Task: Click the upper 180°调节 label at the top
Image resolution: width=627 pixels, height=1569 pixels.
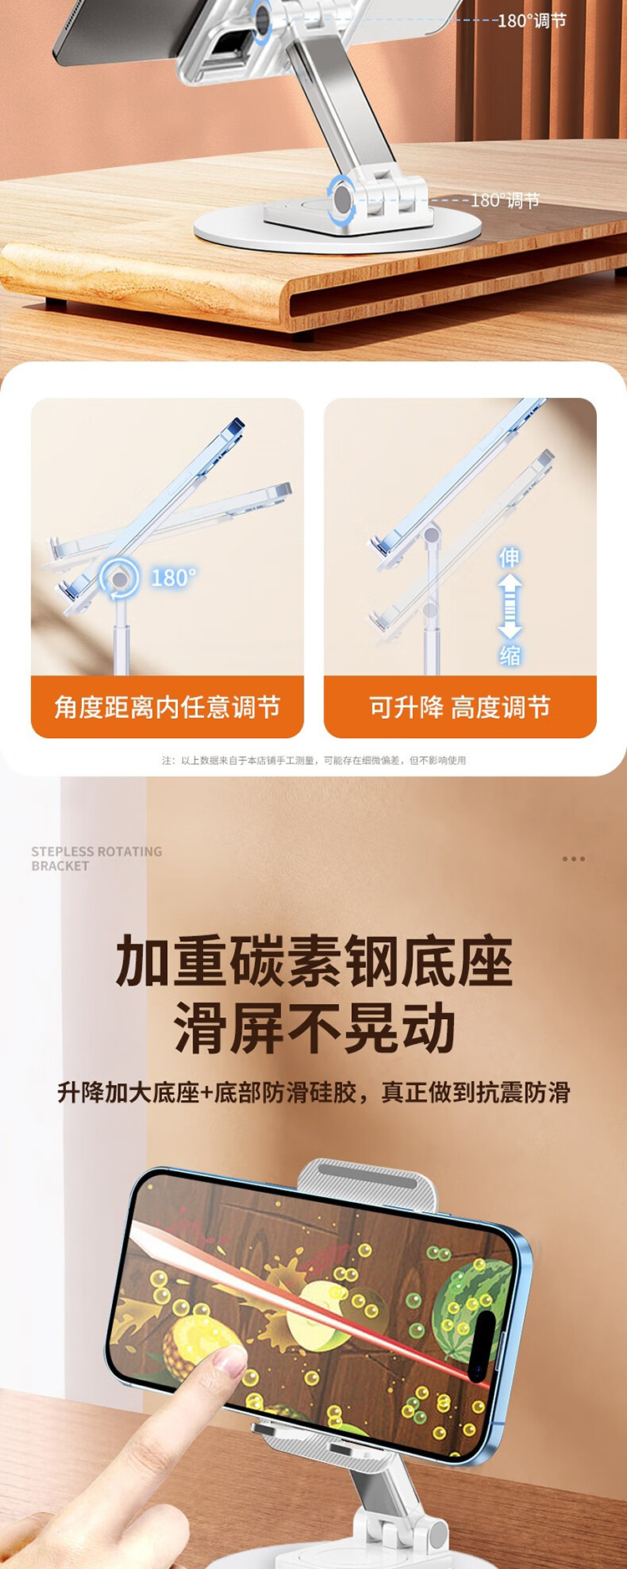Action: pos(532,20)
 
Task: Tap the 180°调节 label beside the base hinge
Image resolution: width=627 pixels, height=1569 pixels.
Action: pos(505,201)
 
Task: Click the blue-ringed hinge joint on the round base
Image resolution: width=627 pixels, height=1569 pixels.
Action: pos(342,200)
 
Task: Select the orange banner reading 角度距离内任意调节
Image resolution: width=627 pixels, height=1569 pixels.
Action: pos(167,707)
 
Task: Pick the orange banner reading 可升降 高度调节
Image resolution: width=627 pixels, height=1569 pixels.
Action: pos(460,707)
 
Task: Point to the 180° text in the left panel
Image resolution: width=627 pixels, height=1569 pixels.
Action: pos(173,578)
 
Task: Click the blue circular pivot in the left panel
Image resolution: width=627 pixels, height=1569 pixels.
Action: pos(120,578)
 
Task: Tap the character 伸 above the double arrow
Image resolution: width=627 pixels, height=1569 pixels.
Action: pos(509,558)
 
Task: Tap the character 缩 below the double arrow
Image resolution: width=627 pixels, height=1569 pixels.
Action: pos(510,656)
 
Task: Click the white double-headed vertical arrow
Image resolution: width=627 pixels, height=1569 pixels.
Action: pos(510,607)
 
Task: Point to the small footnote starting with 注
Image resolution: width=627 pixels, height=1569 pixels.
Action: pos(313,761)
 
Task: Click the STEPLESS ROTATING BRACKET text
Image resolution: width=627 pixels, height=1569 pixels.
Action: pos(97,858)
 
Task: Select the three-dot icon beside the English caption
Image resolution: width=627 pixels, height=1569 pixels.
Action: pos(573,858)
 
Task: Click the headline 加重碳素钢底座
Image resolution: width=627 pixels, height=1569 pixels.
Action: pos(313,962)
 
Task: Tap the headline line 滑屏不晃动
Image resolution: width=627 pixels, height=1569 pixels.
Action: pos(314,1029)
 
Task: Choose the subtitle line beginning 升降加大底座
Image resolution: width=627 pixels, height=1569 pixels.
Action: pos(313,1093)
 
